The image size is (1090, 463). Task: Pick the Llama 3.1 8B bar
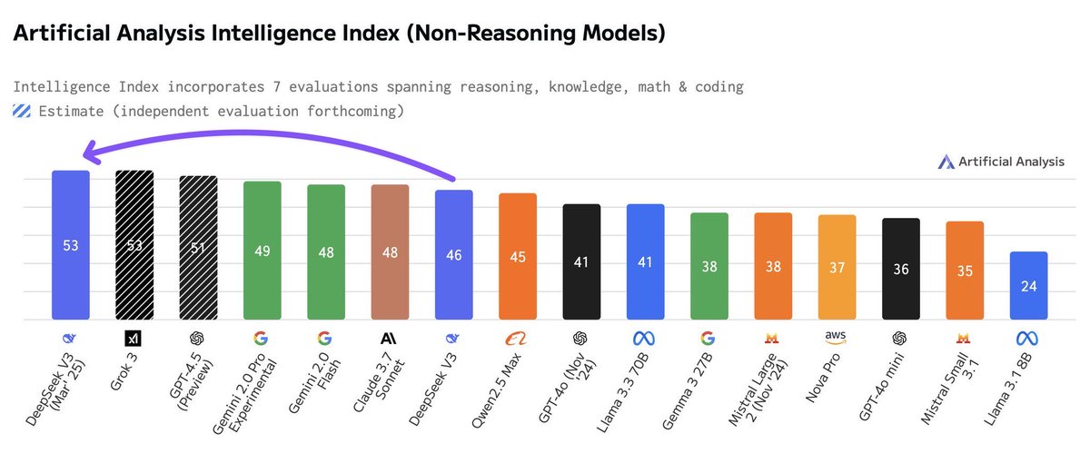click(x=1028, y=285)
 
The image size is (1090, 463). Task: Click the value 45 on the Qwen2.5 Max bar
click(x=518, y=257)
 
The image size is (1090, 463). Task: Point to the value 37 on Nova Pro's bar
click(x=837, y=268)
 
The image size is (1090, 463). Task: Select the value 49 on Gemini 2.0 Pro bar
click(x=263, y=251)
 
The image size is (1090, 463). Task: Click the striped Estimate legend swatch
click(x=22, y=112)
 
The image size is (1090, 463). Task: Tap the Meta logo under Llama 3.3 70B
click(x=646, y=339)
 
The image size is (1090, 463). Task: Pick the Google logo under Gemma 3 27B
click(x=709, y=339)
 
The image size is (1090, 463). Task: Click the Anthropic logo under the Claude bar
click(x=390, y=339)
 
